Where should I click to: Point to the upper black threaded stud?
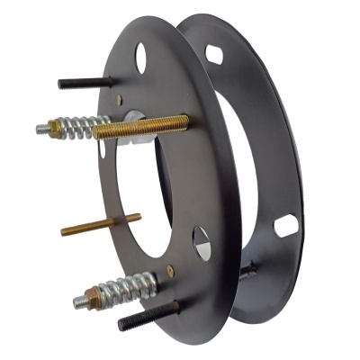tap(85, 83)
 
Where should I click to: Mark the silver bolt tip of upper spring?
tap(41, 130)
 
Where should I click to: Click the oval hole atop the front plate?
tap(140, 58)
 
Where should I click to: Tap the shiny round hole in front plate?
tap(202, 243)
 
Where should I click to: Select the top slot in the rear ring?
tap(214, 55)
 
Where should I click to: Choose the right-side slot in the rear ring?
tap(285, 225)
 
